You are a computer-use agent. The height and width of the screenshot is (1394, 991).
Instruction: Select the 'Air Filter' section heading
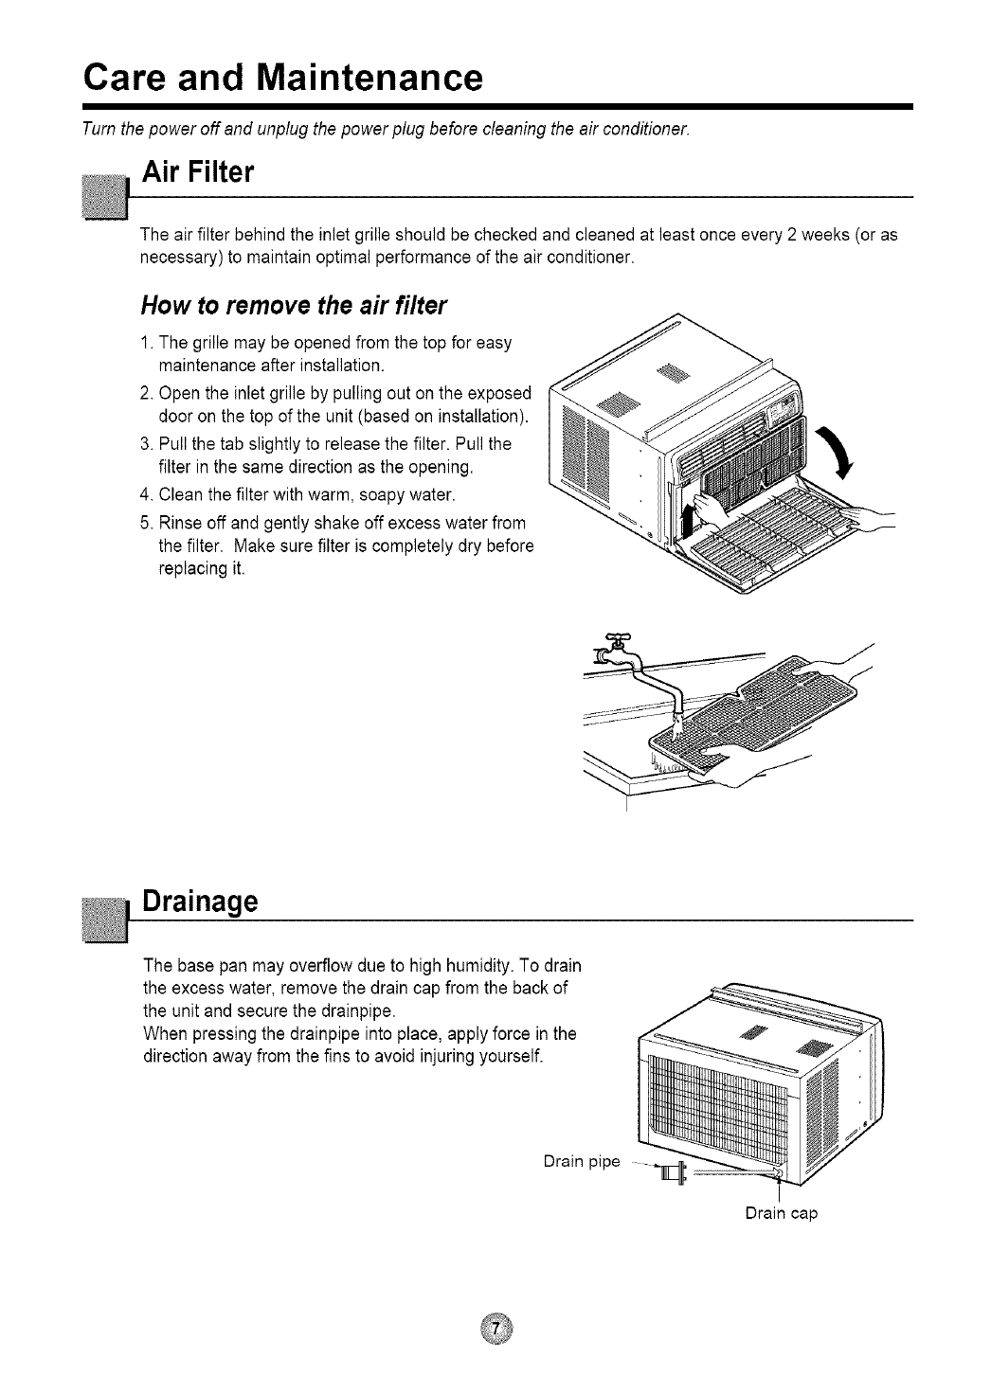pos(197,173)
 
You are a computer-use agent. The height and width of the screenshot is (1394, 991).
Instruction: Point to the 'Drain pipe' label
pos(582,1161)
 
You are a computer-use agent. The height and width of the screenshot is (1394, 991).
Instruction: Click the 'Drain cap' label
pos(781,1213)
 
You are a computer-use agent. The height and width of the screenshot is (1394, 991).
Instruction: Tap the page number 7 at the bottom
pos(495,1330)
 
